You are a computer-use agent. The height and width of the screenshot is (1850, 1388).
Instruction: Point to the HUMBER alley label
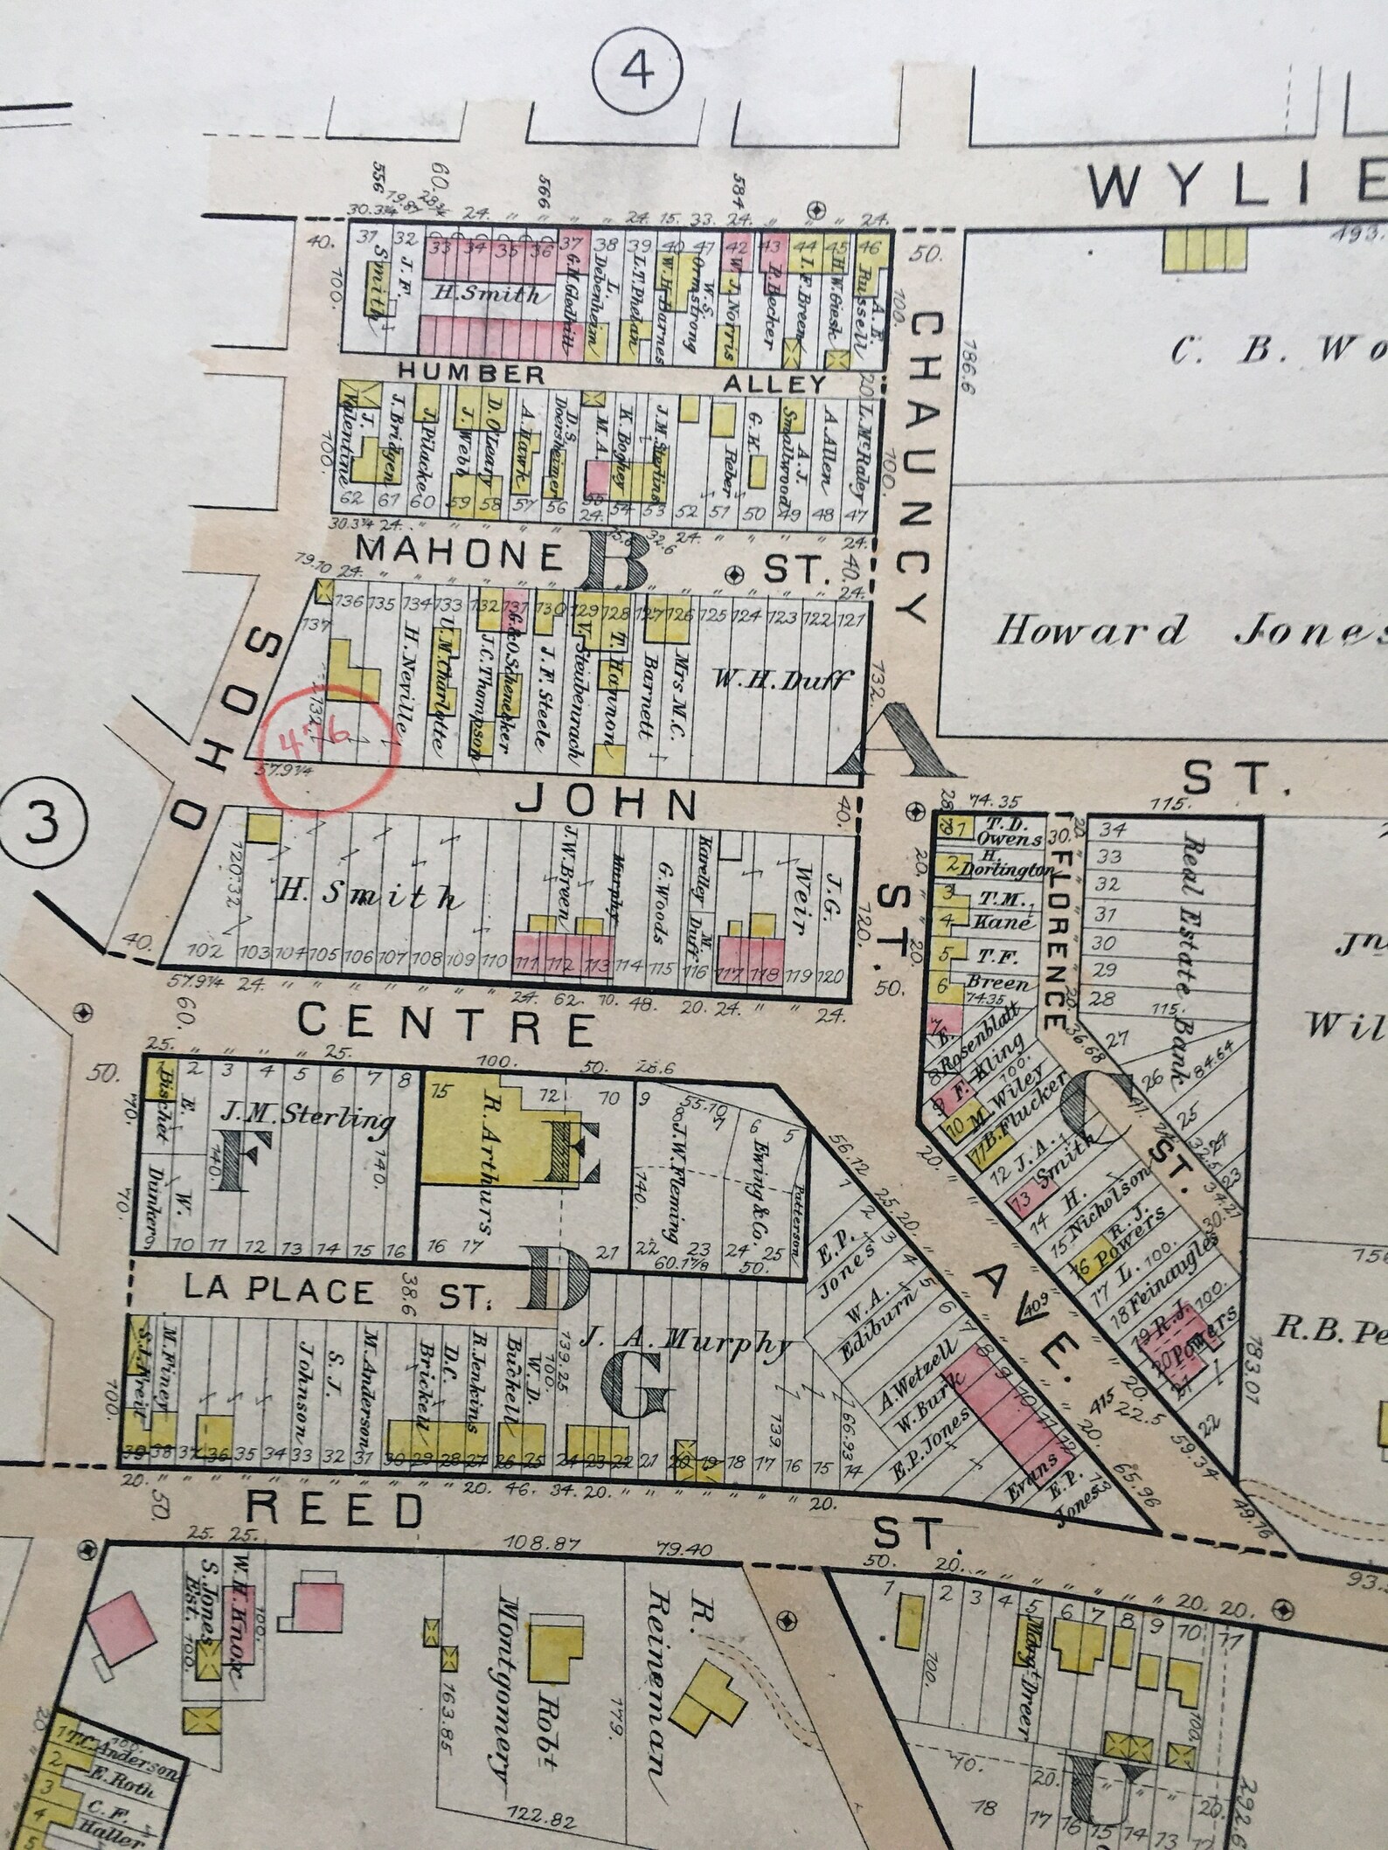pos(471,373)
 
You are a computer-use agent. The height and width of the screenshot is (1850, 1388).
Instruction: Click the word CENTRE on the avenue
pos(446,1026)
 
